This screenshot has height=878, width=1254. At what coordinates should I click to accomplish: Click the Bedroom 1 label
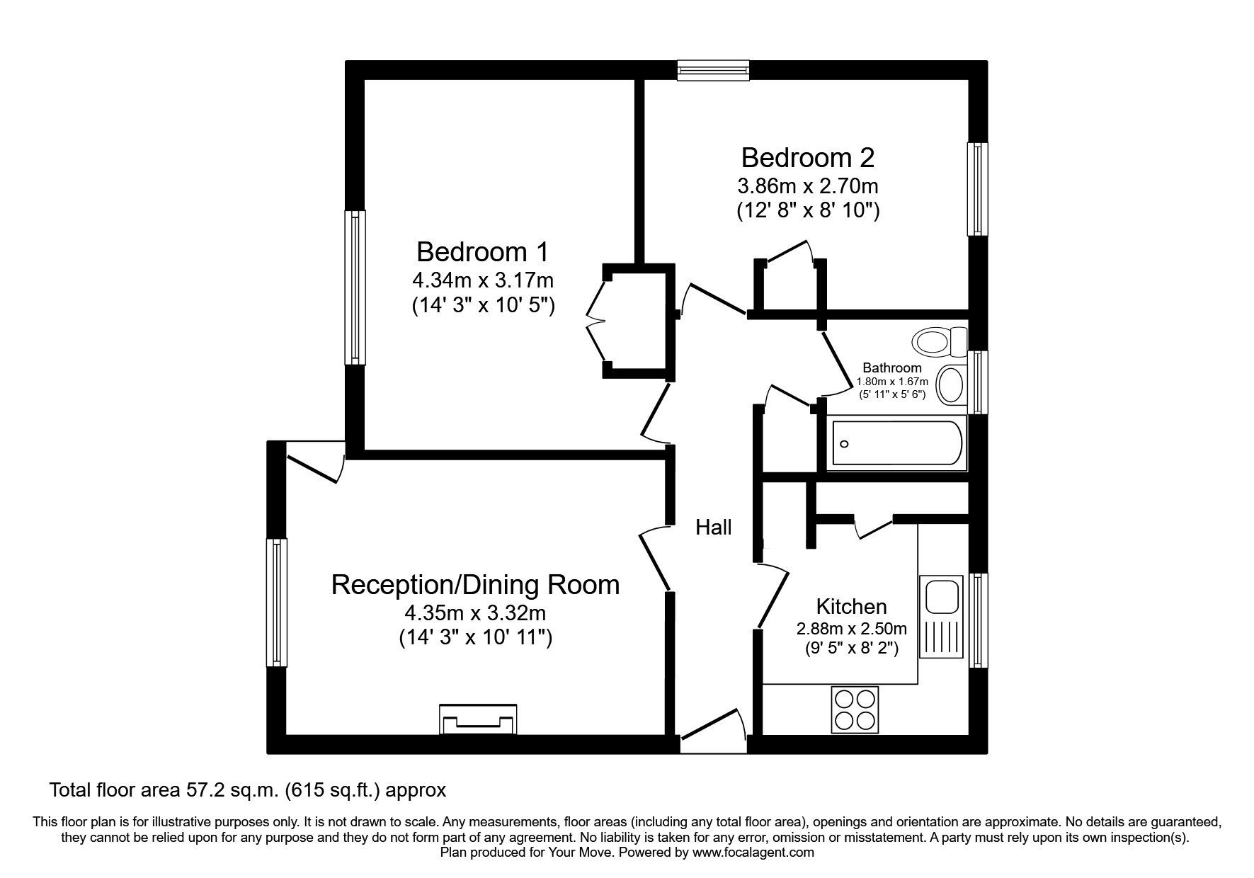482,252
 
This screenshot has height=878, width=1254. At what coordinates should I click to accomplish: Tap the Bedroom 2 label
808,157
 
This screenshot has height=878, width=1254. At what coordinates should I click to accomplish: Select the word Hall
714,527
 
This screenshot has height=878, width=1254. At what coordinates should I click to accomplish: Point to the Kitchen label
851,607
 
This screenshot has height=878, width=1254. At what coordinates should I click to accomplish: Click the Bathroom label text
892,368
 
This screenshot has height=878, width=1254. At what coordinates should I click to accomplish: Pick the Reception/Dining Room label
476,585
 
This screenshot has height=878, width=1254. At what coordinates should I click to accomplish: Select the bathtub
896,444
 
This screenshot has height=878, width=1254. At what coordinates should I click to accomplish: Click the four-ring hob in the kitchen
854,710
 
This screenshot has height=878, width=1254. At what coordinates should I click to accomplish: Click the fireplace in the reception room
478,720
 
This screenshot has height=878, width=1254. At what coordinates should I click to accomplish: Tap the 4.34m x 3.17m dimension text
484,280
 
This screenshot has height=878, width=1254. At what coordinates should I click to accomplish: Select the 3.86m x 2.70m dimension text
808,186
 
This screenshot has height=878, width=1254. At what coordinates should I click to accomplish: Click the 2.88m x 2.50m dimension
852,629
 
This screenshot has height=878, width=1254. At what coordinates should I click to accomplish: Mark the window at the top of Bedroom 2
713,70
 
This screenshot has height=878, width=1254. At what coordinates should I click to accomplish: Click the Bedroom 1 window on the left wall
355,287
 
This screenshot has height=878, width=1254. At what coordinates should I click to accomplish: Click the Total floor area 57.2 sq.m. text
248,790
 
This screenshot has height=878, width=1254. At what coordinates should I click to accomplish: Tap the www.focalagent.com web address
753,853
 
